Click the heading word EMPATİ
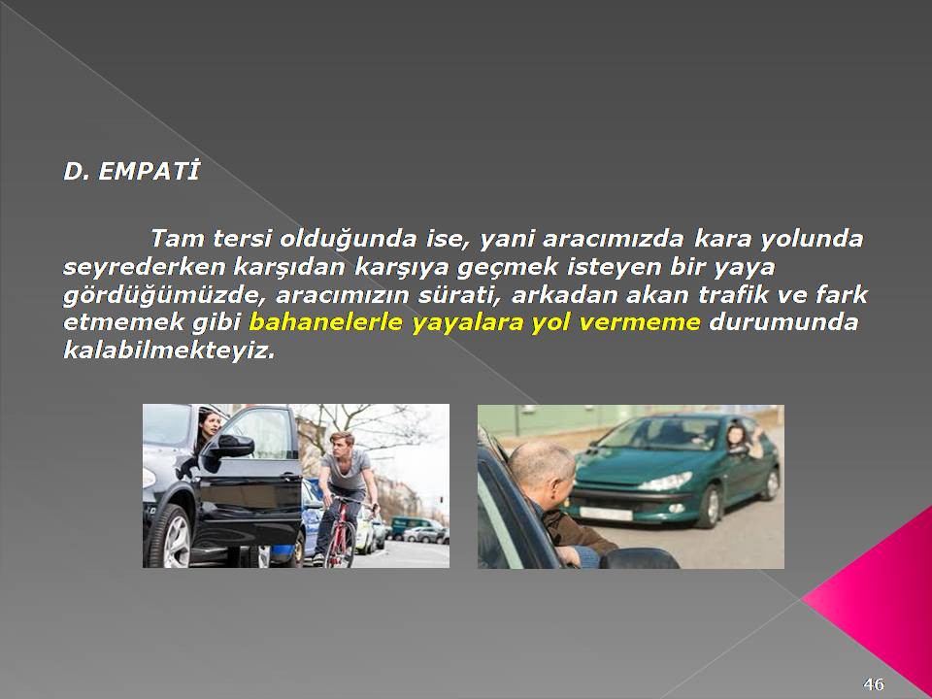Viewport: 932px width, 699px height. pyautogui.click(x=149, y=171)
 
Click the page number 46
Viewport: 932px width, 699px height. pyautogui.click(x=874, y=684)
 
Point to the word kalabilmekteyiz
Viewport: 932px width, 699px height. pyautogui.click(x=169, y=350)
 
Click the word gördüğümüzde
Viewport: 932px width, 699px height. pyautogui.click(x=165, y=295)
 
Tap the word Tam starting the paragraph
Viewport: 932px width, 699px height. pyautogui.click(x=177, y=239)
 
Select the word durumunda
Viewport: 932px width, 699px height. pyautogui.click(x=784, y=322)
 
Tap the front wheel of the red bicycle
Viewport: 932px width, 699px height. pyautogui.click(x=342, y=543)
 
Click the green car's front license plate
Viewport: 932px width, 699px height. pyautogui.click(x=606, y=514)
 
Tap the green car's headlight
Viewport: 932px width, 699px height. pyautogui.click(x=666, y=482)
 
